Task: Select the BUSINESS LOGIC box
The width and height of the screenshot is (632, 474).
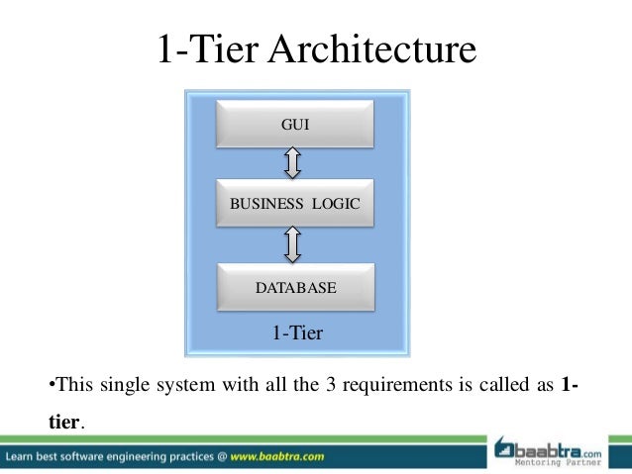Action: point(295,204)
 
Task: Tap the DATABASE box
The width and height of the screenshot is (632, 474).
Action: point(295,288)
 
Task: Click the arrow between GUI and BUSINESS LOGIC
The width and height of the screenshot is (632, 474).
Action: point(293,162)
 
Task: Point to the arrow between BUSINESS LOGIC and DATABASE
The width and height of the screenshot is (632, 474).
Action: point(293,245)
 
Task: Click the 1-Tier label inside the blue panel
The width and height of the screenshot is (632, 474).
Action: point(297,333)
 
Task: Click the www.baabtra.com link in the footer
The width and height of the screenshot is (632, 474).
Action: point(278,457)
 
